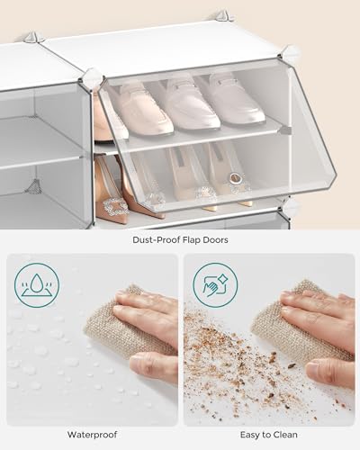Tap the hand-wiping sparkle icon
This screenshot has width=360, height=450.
coord(215,285)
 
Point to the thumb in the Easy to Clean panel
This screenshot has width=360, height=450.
coord(326,369)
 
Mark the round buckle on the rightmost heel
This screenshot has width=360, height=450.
coord(237,179)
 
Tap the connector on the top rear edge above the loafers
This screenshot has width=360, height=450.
coord(220,16)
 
